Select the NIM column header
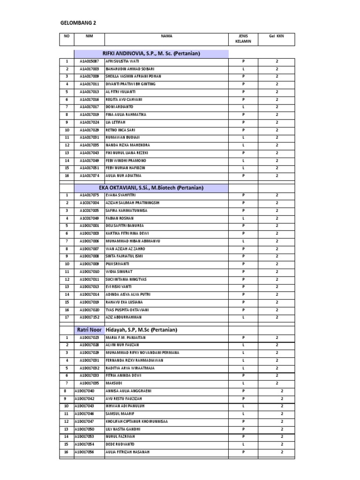(89, 36)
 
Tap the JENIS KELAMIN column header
(243, 38)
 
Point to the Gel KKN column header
(276, 36)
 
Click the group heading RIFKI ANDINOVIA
(151, 53)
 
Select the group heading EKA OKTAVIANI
(151, 187)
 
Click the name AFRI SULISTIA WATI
(122, 61)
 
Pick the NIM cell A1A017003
(89, 69)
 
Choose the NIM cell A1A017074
(89, 175)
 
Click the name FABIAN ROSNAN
(120, 218)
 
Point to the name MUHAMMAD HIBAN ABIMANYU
(133, 241)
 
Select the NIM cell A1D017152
(89, 317)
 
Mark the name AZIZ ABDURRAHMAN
(124, 317)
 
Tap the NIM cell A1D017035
(89, 383)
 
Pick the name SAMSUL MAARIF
(120, 414)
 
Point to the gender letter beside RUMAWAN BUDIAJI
(243, 137)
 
